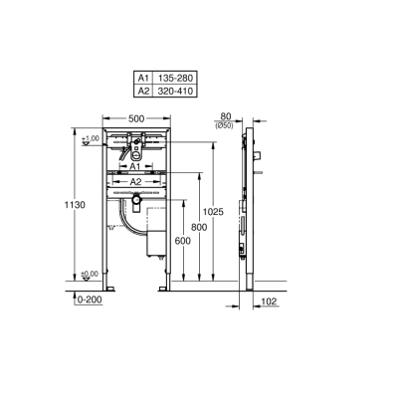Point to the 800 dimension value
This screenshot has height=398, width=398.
tap(198, 228)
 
